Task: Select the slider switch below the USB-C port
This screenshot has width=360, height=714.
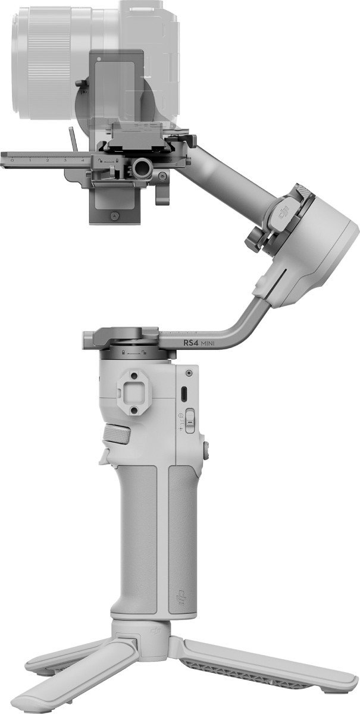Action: (189, 422)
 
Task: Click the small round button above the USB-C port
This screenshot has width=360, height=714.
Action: (189, 373)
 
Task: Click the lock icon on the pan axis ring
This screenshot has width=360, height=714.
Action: (123, 352)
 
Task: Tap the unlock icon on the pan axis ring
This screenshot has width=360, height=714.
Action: (144, 352)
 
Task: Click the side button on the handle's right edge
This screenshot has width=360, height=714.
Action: (206, 450)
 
